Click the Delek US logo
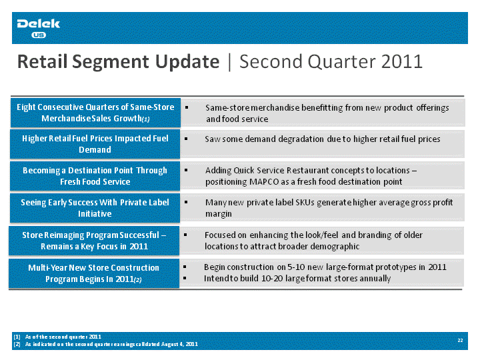click(x=38, y=28)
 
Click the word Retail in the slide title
click(x=42, y=61)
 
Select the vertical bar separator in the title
click(x=229, y=62)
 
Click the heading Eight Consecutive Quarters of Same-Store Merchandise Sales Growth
click(x=95, y=113)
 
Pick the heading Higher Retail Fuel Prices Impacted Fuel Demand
click(x=95, y=144)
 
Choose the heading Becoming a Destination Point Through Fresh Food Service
click(x=95, y=176)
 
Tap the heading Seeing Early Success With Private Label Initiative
click(x=95, y=208)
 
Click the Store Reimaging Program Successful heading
click(x=94, y=241)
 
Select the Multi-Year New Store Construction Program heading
click(x=94, y=273)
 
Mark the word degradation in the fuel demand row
click(x=301, y=139)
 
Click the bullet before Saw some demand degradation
click(x=186, y=139)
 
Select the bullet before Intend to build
click(x=185, y=278)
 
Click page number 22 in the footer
click(x=460, y=340)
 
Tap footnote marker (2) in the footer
click(x=17, y=344)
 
